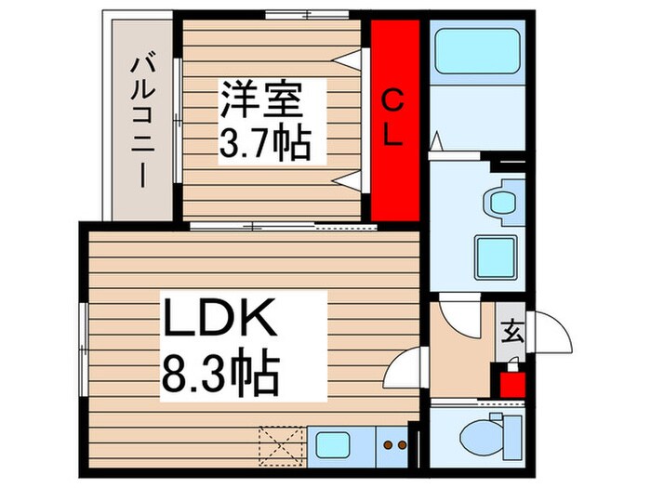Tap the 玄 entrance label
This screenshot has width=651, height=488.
(x=512, y=331)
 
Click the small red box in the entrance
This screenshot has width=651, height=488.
(x=510, y=382)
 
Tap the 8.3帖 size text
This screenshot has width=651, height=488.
(x=221, y=374)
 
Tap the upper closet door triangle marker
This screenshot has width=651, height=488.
(x=349, y=60)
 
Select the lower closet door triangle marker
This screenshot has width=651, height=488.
(x=349, y=179)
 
